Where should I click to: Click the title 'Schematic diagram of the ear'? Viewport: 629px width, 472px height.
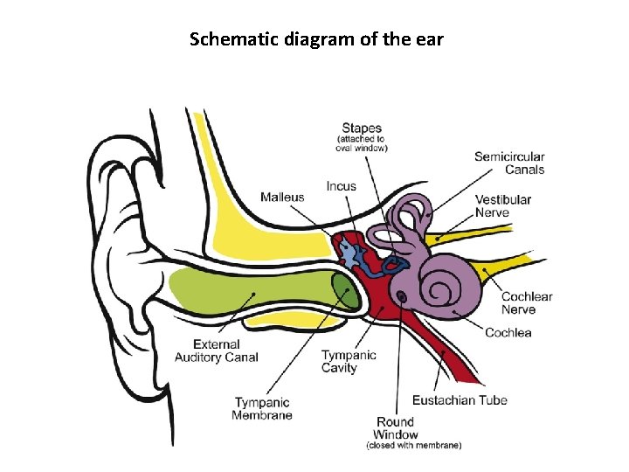tap(316, 39)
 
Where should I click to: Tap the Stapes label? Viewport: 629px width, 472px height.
tap(362, 128)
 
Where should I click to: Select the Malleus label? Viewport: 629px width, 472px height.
tap(282, 197)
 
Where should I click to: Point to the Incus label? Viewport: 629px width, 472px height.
tap(341, 186)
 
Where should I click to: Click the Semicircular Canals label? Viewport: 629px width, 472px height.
tap(509, 163)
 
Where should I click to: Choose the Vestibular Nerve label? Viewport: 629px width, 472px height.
tap(503, 205)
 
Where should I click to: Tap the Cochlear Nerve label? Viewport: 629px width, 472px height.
tap(527, 302)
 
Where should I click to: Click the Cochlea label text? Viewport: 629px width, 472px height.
tap(508, 332)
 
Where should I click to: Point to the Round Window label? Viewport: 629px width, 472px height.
tap(396, 428)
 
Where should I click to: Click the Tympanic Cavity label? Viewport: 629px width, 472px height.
tap(349, 361)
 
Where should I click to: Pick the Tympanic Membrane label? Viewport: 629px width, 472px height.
tap(262, 408)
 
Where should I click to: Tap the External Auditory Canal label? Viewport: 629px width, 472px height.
tap(216, 351)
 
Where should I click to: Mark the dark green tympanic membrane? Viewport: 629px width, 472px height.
tap(348, 292)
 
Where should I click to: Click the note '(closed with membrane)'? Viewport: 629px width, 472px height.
tap(414, 446)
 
